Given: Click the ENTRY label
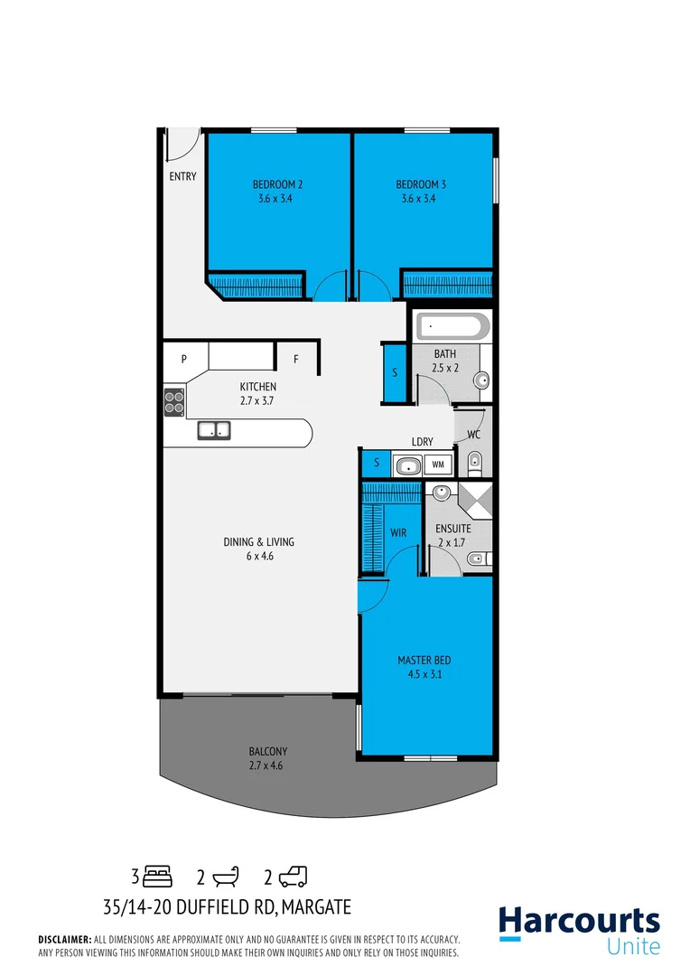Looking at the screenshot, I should (x=182, y=176).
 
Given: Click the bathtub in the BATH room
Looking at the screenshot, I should (x=452, y=326).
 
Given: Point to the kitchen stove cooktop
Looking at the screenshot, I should (x=174, y=400).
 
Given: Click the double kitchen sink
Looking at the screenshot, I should (x=214, y=431).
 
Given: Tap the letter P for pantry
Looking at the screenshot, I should (x=183, y=359).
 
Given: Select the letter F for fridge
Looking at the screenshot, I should (x=295, y=359).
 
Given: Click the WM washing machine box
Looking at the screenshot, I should (x=438, y=465).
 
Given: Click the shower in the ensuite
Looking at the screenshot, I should (x=476, y=500).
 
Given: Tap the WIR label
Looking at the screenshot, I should (x=398, y=533).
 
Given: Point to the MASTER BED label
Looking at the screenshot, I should (x=424, y=660).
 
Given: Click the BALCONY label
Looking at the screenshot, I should (x=268, y=751).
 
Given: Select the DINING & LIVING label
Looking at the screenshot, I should (x=259, y=542).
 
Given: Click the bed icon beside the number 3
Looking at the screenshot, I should (x=158, y=876).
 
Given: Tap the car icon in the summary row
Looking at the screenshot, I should (x=293, y=876).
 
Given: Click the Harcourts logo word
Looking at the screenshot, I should (x=579, y=922).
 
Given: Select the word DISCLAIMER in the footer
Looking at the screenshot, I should (x=64, y=940).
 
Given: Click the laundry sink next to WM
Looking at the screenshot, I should (x=407, y=465).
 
